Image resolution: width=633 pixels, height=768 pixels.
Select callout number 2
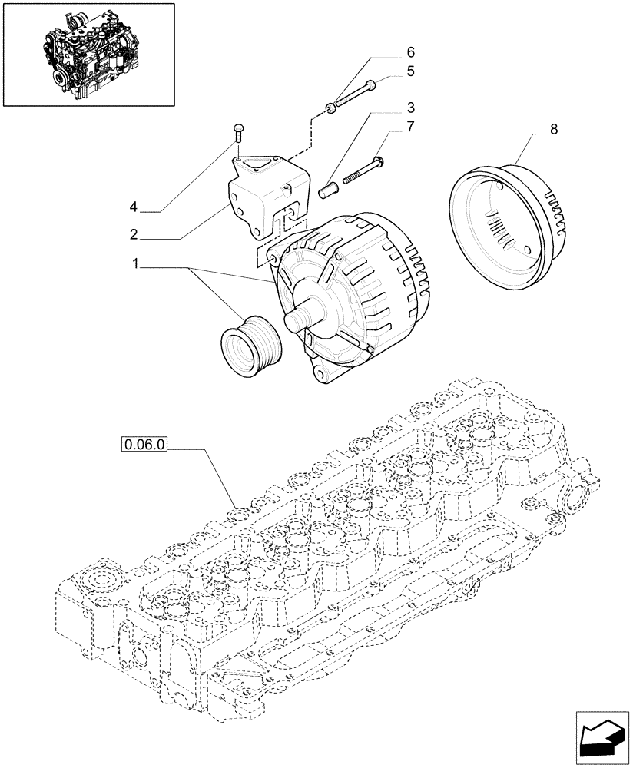[x=134, y=234]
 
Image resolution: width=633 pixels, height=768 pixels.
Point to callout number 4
[x=134, y=207]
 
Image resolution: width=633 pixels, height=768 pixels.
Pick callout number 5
[x=410, y=71]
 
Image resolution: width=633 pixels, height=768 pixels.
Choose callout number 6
[x=410, y=52]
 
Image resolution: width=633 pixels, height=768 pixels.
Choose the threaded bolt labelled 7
[x=362, y=170]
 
